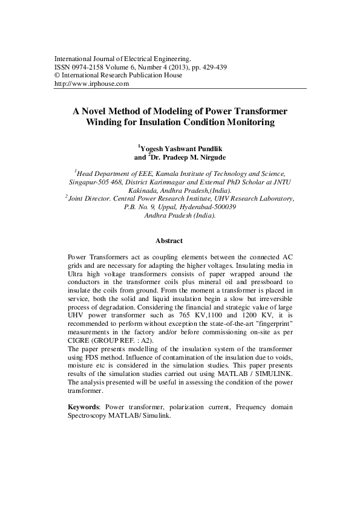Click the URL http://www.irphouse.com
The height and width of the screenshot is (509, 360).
point(92,85)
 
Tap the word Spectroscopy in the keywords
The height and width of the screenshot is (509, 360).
point(90,417)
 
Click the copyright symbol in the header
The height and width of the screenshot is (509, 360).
point(57,76)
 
